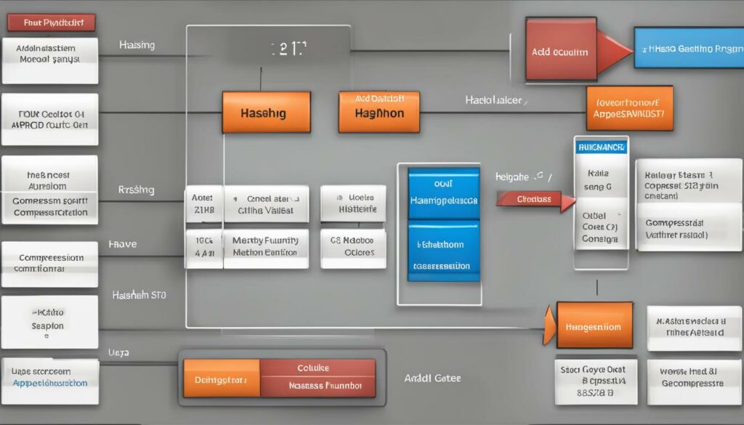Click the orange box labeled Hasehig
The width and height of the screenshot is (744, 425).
266,112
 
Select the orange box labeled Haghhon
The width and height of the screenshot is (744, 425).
379,112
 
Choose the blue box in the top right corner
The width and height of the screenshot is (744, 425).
688,48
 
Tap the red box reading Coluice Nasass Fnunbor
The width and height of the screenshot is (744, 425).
318,379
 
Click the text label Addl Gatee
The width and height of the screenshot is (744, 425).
432,379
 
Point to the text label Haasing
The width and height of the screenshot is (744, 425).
137,46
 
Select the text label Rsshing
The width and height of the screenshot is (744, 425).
136,190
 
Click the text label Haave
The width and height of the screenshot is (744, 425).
123,245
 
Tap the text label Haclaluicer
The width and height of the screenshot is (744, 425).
493,100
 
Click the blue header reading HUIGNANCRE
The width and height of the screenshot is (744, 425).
600,147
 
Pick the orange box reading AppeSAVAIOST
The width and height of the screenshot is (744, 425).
629,108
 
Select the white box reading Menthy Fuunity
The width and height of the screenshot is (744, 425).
264,246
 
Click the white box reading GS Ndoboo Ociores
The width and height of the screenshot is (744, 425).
352,246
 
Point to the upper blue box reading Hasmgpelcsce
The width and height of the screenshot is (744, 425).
443,193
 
